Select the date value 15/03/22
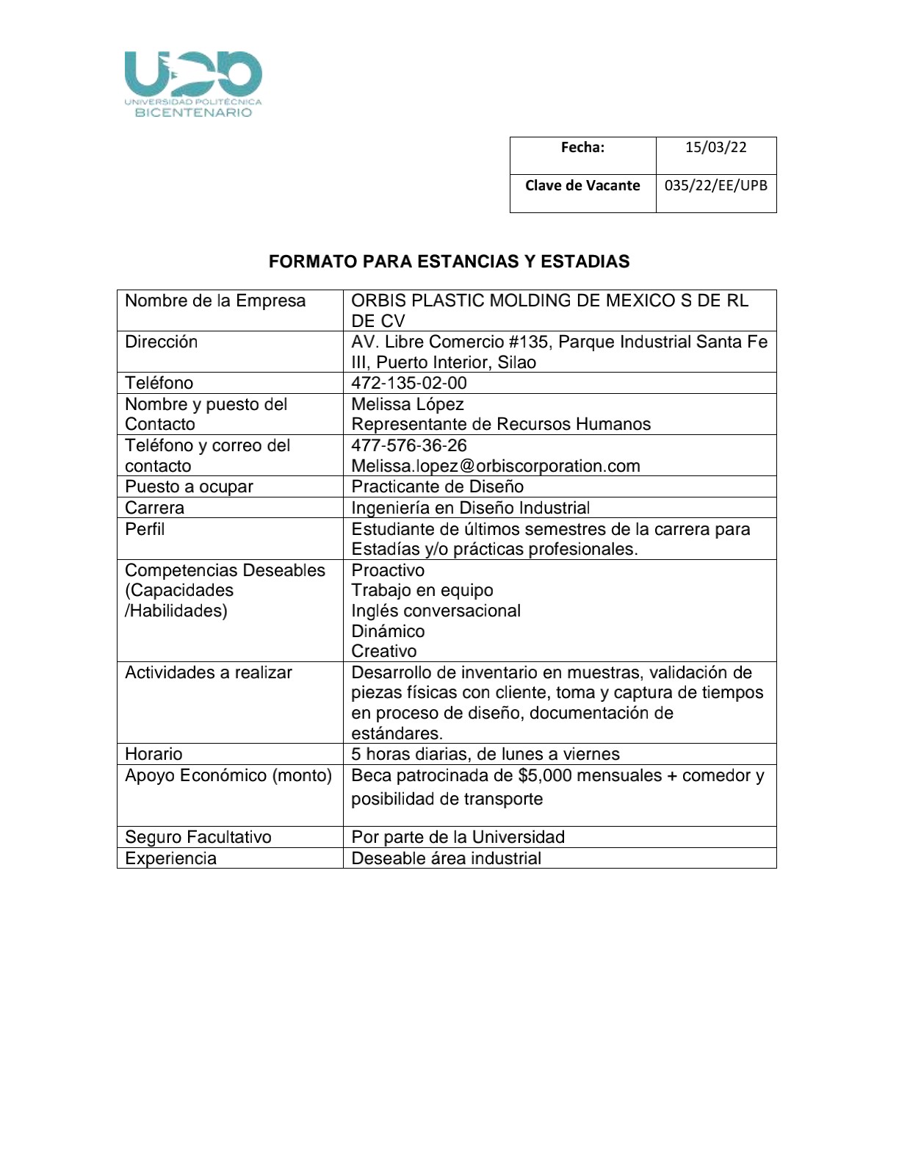[x=715, y=147]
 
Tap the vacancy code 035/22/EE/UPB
[x=715, y=185]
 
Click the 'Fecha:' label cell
[x=582, y=147]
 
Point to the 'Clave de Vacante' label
[x=582, y=185]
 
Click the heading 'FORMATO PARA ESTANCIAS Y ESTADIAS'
[x=449, y=262]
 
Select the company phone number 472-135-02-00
[x=408, y=383]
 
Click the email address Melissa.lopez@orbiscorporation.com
[x=495, y=466]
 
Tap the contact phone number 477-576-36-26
[x=408, y=445]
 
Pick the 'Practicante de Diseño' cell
[x=437, y=486]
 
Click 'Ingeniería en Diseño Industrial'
[x=470, y=508]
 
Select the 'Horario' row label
[x=154, y=754]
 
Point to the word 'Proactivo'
[x=388, y=570]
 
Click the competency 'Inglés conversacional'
[x=436, y=611]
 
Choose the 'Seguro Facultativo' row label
[x=198, y=837]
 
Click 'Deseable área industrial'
[x=446, y=858]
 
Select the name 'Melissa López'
[x=407, y=404]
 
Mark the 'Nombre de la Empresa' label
[x=214, y=301]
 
